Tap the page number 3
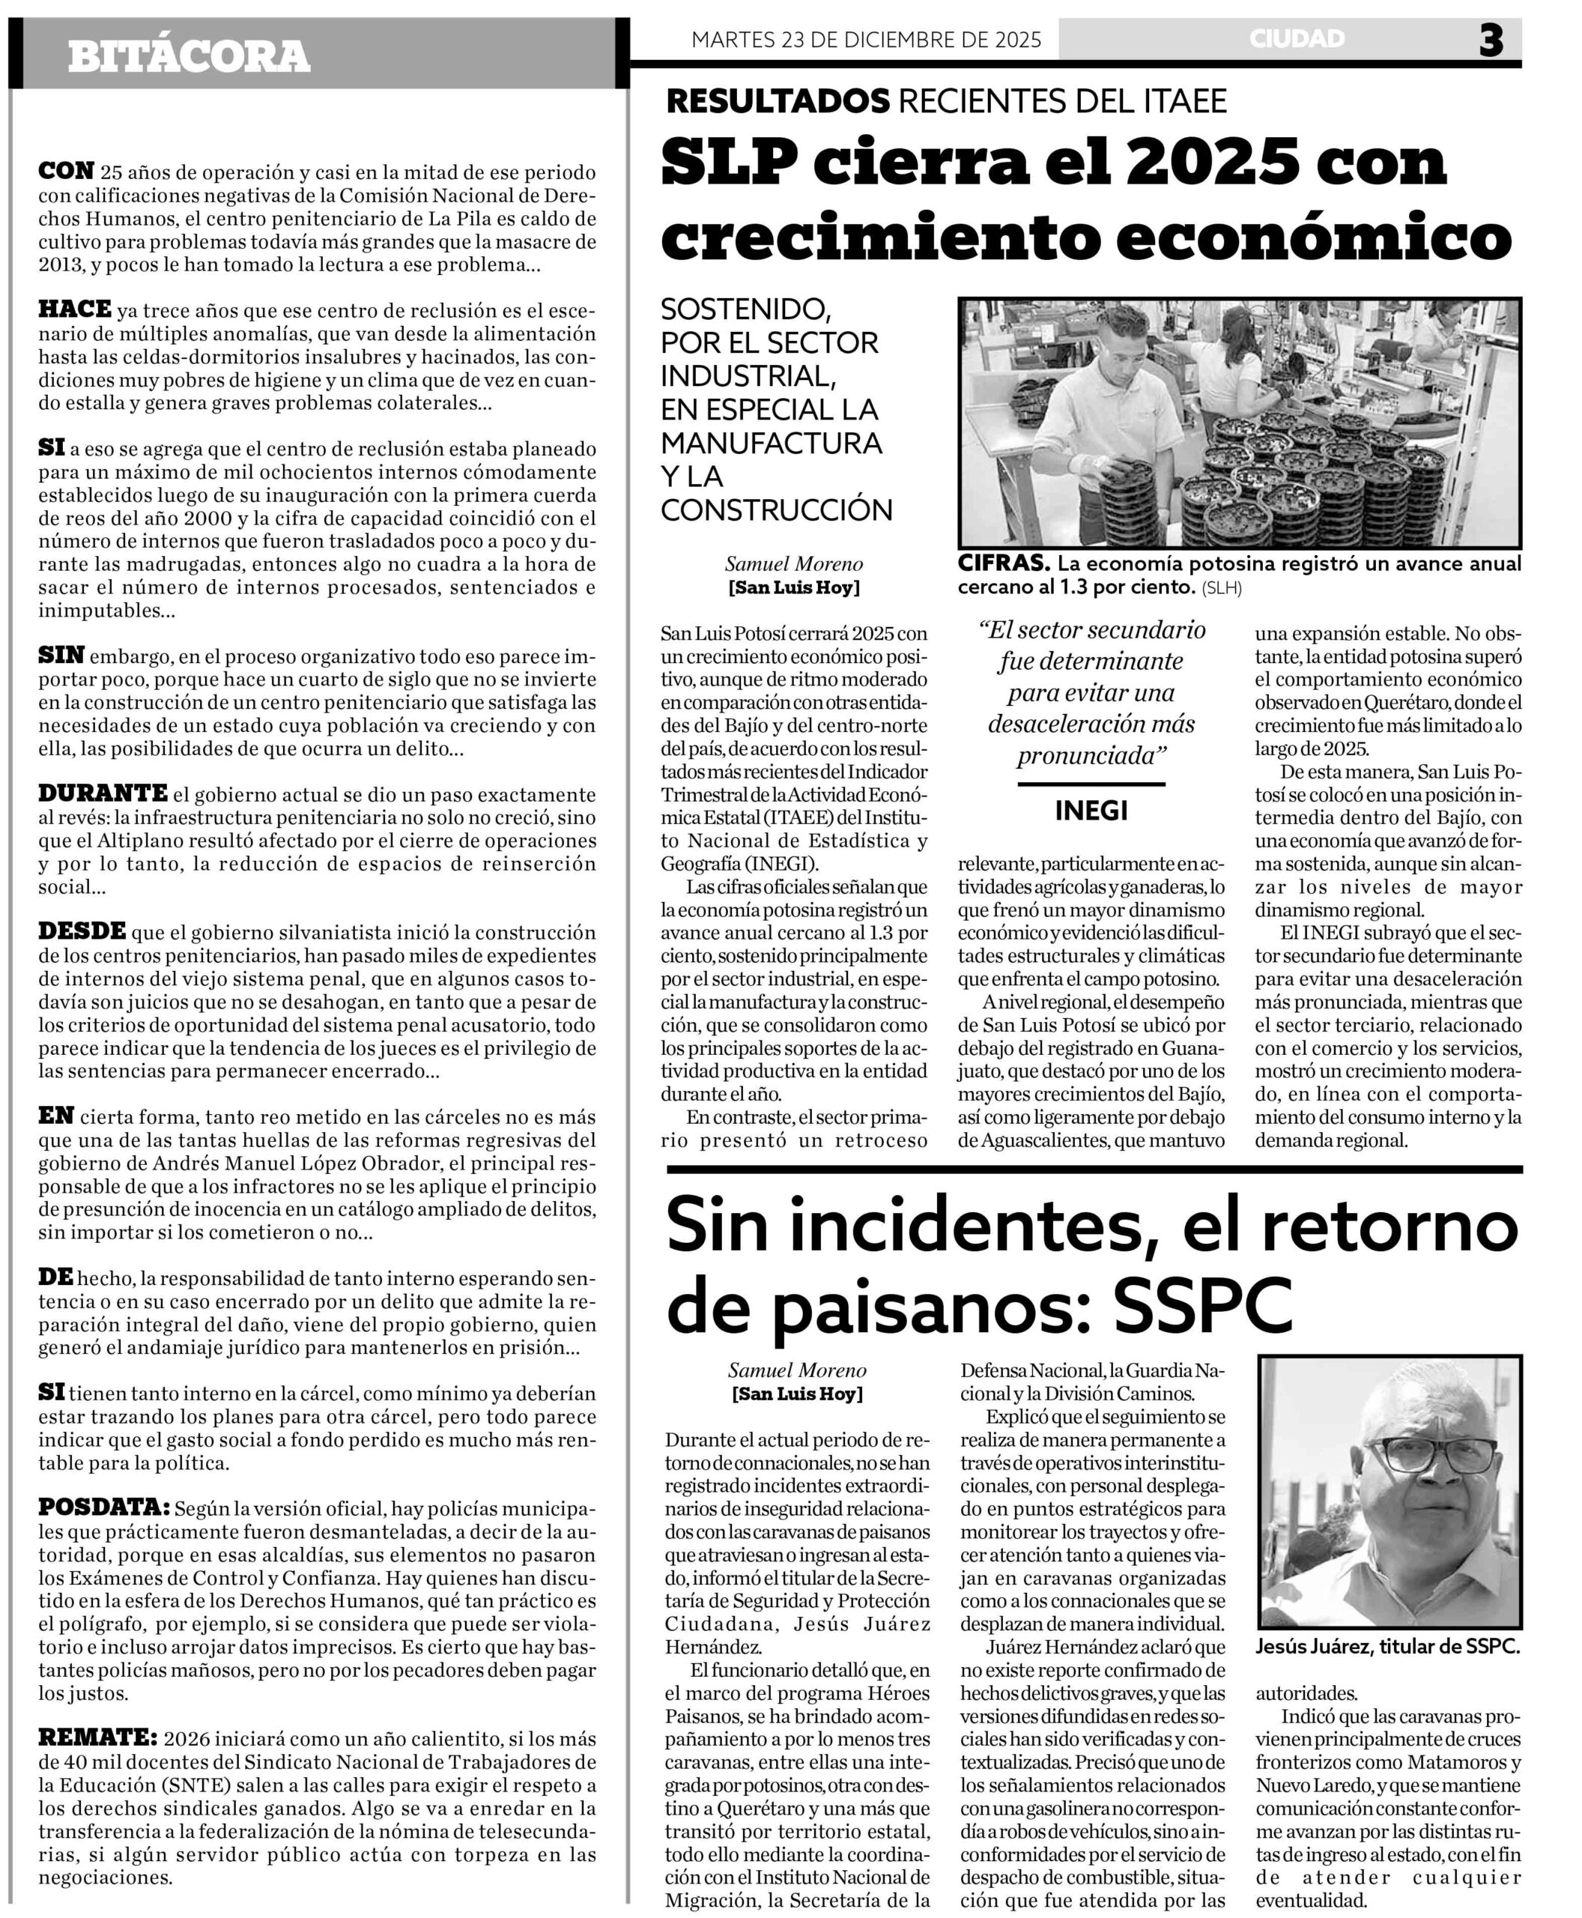click(x=1491, y=41)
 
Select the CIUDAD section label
click(x=1297, y=38)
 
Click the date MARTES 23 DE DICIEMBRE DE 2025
click(x=866, y=40)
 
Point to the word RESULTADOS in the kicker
click(x=778, y=101)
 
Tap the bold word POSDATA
click(x=103, y=1507)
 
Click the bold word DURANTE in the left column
click(x=102, y=793)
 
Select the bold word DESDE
click(x=82, y=931)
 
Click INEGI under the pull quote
click(x=1091, y=811)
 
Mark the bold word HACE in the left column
click(x=75, y=309)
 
